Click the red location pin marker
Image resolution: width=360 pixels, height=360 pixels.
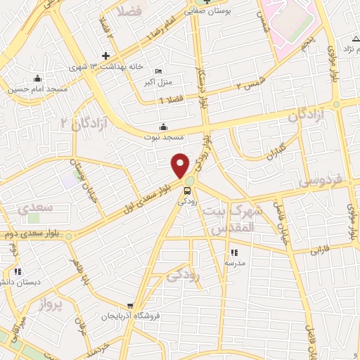[x=181, y=165]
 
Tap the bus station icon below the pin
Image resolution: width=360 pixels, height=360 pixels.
[x=188, y=190]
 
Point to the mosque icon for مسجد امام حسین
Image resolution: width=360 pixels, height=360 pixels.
[x=37, y=79]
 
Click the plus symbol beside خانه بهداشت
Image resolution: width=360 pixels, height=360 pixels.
[x=105, y=56]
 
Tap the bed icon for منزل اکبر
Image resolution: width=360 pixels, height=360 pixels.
[x=158, y=72]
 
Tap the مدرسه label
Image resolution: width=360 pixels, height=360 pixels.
[x=233, y=263]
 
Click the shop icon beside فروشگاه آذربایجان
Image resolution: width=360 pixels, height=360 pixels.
[x=130, y=306]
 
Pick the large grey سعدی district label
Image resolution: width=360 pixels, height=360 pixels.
[x=35, y=209]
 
